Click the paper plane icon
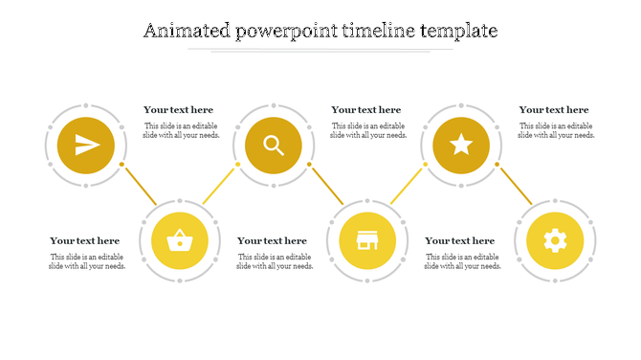click(86, 146)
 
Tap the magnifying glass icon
click(274, 146)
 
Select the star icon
click(461, 146)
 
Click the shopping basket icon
click(180, 239)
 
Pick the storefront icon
click(367, 239)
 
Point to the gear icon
click(555, 239)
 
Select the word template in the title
click(458, 31)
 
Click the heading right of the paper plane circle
click(179, 110)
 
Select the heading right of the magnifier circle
click(366, 110)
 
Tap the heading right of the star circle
click(554, 110)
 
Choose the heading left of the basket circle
click(85, 241)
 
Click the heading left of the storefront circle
click(273, 241)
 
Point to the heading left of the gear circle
click(460, 241)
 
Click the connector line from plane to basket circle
click(140, 185)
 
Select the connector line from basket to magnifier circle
click(220, 185)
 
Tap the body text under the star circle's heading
click(557, 131)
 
